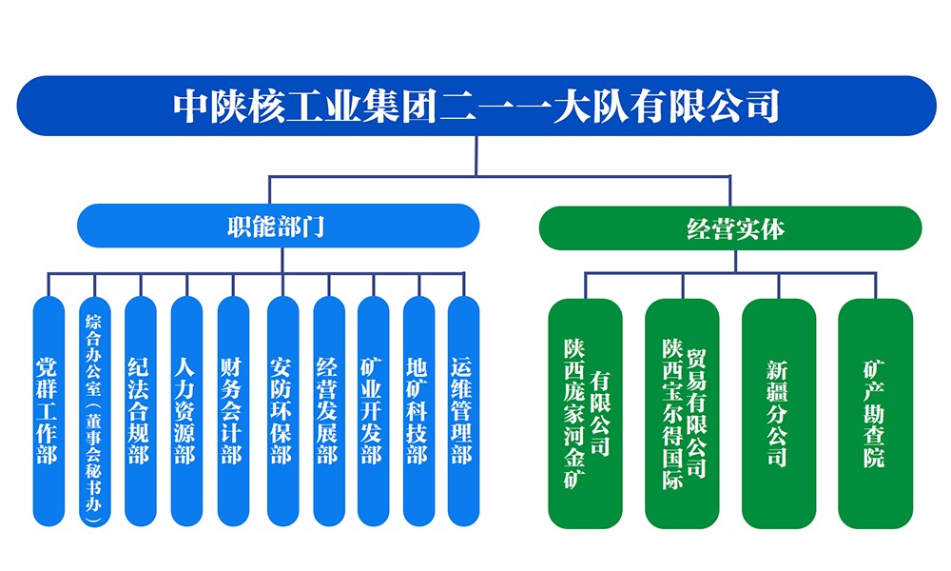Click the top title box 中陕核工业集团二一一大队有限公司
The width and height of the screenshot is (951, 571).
[x=475, y=106]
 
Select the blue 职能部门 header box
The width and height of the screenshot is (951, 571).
[x=277, y=226]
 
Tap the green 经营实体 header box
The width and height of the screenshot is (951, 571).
[x=730, y=227]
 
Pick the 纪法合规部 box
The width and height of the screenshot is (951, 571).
[x=140, y=411]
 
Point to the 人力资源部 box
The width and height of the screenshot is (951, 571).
[x=186, y=411]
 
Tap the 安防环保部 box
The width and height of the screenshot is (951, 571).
[x=281, y=411]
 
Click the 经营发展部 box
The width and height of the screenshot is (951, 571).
[x=328, y=411]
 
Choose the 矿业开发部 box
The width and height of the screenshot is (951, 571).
[x=373, y=411]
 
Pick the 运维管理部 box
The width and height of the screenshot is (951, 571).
[x=463, y=411]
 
